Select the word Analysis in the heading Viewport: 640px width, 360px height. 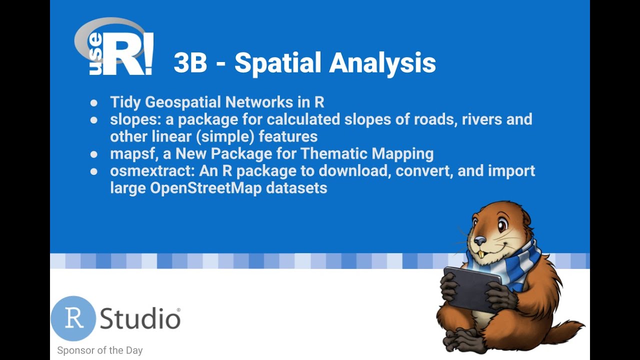(382, 63)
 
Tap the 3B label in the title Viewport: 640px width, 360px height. (190, 63)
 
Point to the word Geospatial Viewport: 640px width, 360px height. (183, 102)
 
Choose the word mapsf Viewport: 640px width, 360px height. (133, 153)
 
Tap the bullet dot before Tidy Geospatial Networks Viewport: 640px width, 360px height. (94, 103)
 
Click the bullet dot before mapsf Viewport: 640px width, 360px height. (94, 154)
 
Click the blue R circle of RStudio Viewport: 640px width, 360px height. (73, 318)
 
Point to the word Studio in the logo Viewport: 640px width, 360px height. (140, 318)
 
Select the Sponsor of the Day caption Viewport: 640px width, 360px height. (100, 350)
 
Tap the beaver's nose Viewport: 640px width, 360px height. (479, 241)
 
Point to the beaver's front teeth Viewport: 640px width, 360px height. (481, 254)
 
